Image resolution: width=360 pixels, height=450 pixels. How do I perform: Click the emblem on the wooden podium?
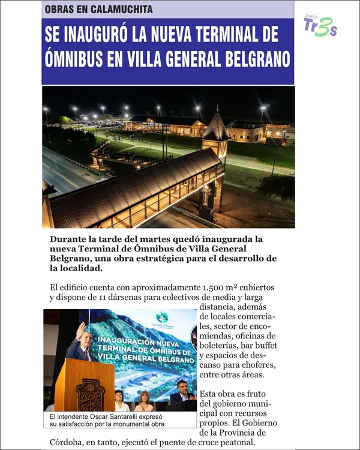click(x=91, y=393)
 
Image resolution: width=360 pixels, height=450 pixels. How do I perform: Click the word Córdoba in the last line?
click(x=70, y=443)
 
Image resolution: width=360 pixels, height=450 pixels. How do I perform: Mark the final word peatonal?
click(x=235, y=443)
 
